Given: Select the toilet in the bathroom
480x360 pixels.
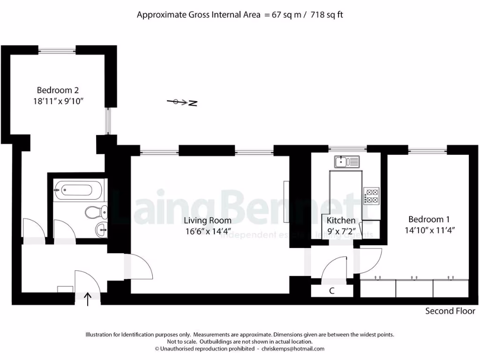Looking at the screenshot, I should (94, 212).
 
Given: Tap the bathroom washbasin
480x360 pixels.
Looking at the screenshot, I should (101, 229).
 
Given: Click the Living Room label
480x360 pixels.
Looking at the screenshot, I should (207, 220).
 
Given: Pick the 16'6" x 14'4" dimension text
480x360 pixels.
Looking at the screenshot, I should (207, 230).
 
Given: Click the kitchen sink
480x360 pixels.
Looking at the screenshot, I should (346, 162).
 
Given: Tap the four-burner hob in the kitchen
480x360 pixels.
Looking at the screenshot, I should (371, 195).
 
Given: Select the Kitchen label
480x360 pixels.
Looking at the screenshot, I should (341, 220).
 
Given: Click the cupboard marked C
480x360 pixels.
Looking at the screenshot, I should (332, 291).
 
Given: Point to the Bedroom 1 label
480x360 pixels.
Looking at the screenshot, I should (429, 219).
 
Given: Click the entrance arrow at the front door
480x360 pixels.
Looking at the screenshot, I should (88, 298).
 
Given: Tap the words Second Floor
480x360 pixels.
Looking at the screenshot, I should (450, 311).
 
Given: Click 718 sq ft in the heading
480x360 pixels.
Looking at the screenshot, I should (323, 15).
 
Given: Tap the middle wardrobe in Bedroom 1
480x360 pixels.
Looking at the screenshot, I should (414, 288).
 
